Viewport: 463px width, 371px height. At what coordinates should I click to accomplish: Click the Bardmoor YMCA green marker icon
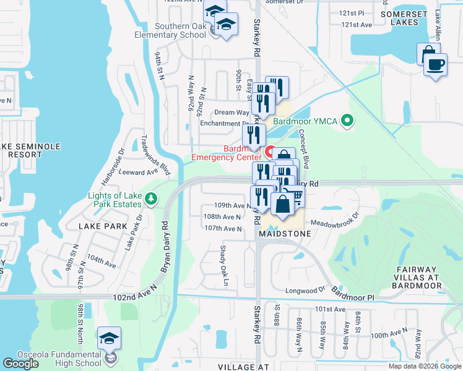tap(348, 121)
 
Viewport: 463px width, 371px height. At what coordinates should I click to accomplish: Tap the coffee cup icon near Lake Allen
tap(436, 64)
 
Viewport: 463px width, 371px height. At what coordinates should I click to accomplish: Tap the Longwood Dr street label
tap(305, 290)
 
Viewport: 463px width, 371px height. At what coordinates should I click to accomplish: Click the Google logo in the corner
tap(21, 364)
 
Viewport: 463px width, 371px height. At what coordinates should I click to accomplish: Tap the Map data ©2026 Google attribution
tap(424, 366)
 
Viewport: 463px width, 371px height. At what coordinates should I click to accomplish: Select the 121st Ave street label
tap(357, 24)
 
